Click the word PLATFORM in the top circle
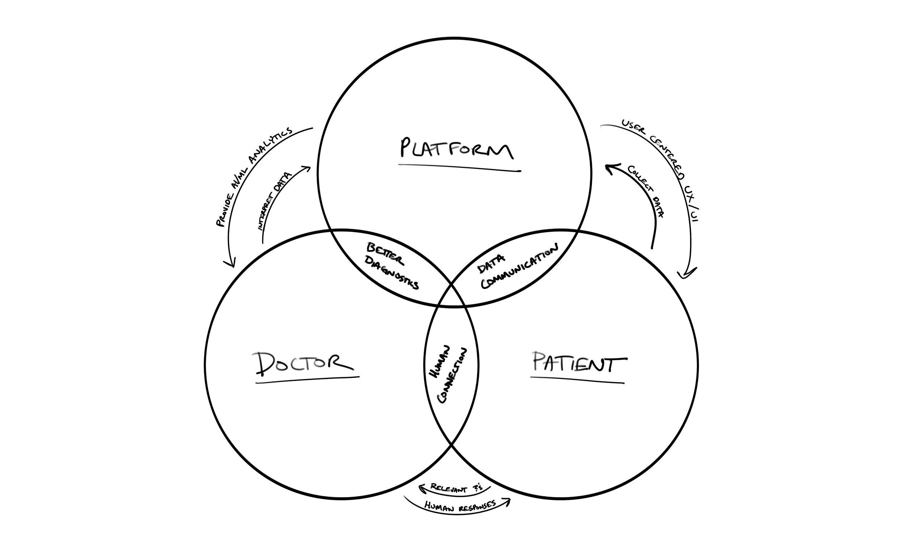(456, 149)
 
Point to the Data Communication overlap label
(518, 267)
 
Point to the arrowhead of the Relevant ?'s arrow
(421, 487)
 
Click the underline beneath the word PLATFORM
(459, 168)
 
